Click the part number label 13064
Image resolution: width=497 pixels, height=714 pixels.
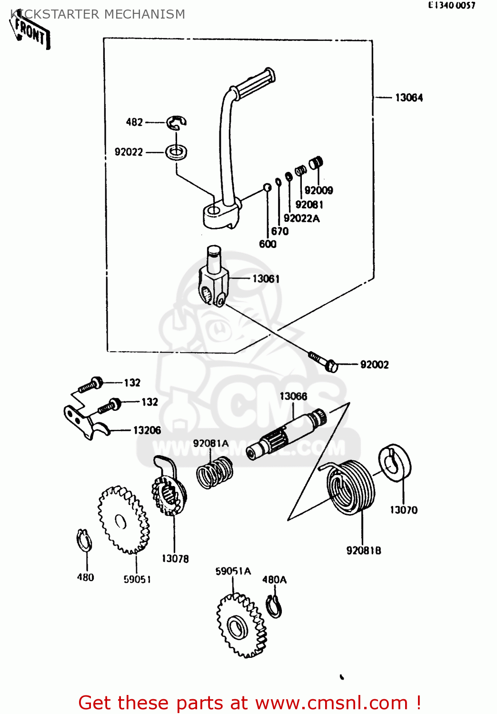tap(408, 98)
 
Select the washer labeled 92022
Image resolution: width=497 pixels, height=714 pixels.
tap(176, 152)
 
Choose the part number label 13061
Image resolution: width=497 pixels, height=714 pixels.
tap(266, 279)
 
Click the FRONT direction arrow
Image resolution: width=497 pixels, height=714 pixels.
tap(30, 31)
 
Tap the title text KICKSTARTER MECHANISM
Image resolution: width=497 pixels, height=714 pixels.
tap(98, 14)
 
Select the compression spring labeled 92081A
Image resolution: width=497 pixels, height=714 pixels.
tap(215, 472)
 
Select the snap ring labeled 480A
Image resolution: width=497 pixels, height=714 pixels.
tap(274, 607)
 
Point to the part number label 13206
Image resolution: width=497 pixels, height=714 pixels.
tap(147, 430)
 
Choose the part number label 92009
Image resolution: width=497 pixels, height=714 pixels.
tap(318, 190)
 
